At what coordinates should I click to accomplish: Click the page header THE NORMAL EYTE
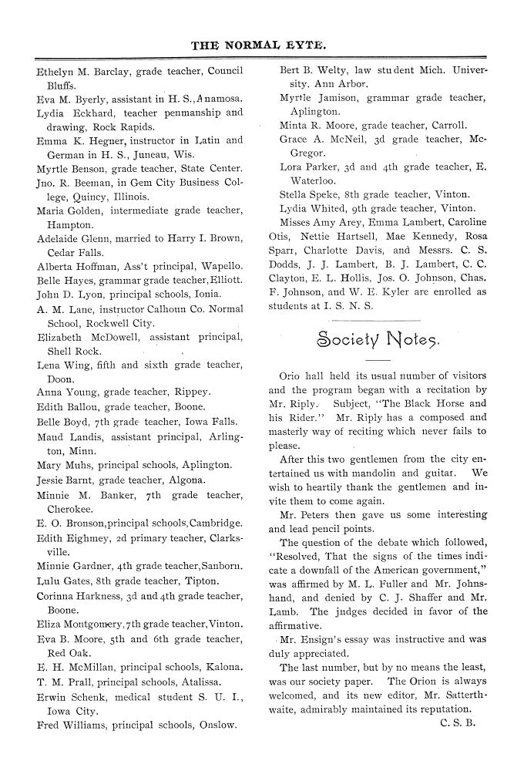[x=262, y=45]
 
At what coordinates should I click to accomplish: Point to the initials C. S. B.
[x=458, y=724]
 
